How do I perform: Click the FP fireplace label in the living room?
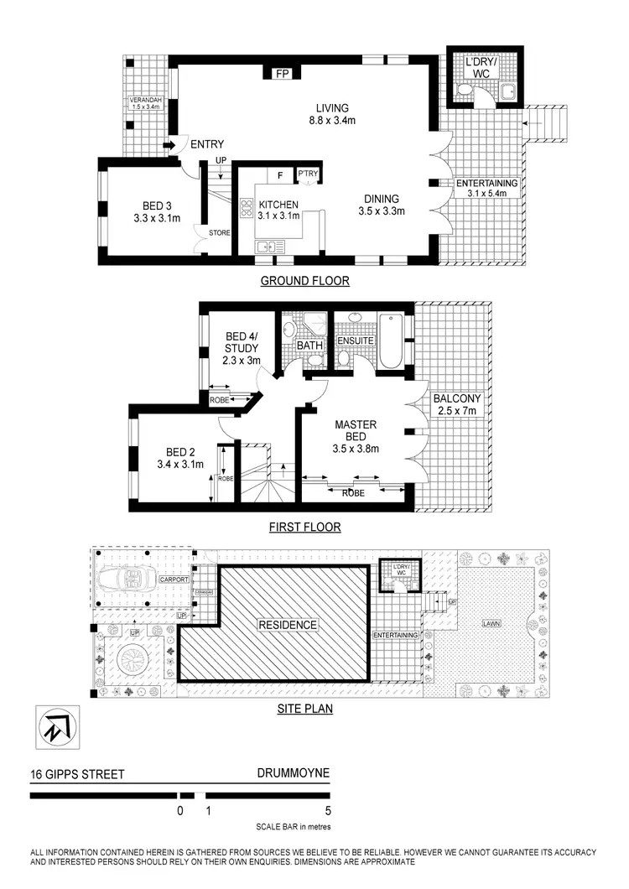click(x=283, y=74)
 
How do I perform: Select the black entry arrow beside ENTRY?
click(x=168, y=146)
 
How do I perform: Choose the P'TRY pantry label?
click(x=309, y=174)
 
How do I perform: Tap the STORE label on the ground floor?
click(x=220, y=232)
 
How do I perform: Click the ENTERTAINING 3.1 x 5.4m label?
click(x=486, y=189)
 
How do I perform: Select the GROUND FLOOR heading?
click(x=304, y=281)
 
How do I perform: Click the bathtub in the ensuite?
click(x=392, y=342)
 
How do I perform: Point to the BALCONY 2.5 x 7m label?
click(x=455, y=406)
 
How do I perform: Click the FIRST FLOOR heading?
click(x=304, y=528)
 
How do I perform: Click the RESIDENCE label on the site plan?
click(x=287, y=625)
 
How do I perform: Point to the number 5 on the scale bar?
click(x=327, y=811)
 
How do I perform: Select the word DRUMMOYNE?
click(x=294, y=774)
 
